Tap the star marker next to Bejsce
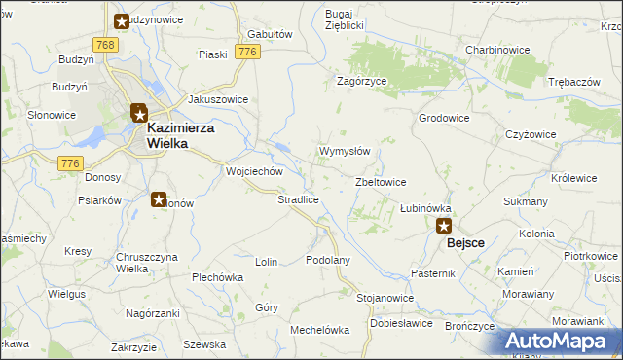pos(444,227)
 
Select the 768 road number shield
pos(106,46)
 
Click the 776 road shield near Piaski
pos(247,52)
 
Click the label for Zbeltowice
pos(381,182)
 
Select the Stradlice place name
pos(299,199)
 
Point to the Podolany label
pos(327,261)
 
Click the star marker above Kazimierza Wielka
pos(139,113)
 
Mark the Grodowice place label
pos(444,118)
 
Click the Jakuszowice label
pos(218,99)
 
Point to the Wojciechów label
pos(254,171)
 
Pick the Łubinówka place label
pos(426,208)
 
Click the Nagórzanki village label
pos(153,313)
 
